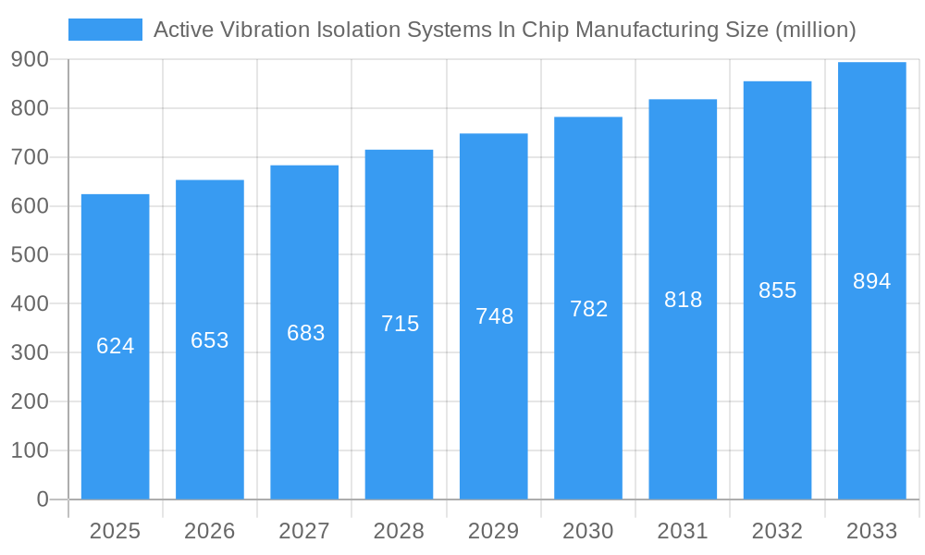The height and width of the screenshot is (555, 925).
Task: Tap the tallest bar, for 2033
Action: [871, 388]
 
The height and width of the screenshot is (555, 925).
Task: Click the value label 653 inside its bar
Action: [210, 340]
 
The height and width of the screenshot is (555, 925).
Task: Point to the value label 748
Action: [494, 316]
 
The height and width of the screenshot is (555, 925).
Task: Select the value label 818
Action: [684, 300]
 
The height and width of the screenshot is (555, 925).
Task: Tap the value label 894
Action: [871, 281]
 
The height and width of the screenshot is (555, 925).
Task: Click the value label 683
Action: [305, 333]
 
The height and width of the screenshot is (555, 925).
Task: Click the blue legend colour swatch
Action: [105, 30]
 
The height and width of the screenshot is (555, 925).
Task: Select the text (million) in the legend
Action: [815, 30]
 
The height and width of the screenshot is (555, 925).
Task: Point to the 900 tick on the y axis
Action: [30, 59]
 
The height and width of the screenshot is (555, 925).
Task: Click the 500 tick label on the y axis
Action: [30, 254]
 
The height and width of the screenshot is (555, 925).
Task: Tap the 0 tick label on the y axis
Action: [42, 499]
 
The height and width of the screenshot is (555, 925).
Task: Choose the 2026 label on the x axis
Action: [210, 531]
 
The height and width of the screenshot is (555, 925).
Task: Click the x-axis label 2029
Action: [494, 531]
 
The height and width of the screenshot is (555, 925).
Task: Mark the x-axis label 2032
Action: [777, 531]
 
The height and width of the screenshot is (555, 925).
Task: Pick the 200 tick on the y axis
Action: [30, 401]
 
